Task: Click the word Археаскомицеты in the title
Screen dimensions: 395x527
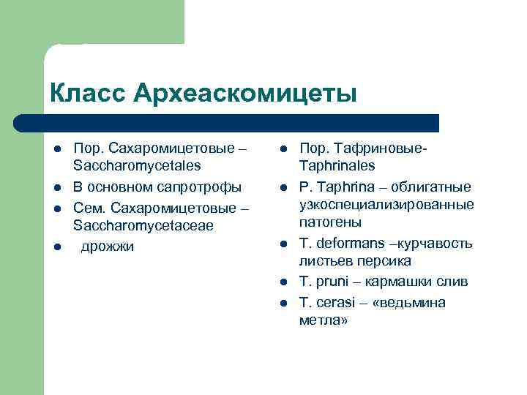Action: (x=246, y=94)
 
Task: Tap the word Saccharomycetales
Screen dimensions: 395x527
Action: (x=137, y=166)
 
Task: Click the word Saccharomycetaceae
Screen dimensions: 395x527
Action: (x=143, y=226)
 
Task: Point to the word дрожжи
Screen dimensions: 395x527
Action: (x=107, y=247)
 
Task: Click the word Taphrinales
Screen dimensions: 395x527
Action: (x=337, y=166)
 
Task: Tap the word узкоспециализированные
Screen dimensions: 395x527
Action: (x=386, y=204)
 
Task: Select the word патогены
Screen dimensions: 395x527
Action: (x=330, y=222)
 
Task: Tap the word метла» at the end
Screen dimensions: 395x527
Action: (x=323, y=320)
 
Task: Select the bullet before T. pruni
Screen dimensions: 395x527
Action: (x=282, y=282)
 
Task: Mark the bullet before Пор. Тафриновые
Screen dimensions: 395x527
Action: (x=282, y=149)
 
